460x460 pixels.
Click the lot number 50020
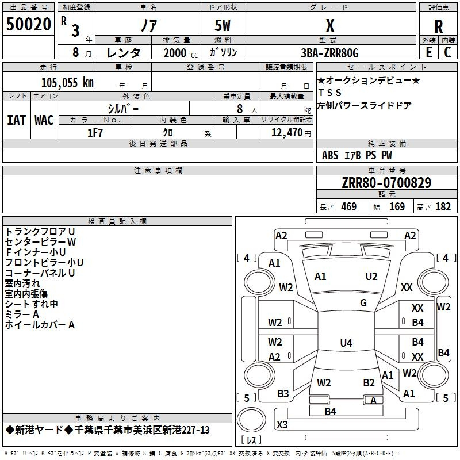coord(28,24)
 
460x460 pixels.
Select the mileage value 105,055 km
coord(67,83)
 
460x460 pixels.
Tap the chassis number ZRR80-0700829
coord(386,182)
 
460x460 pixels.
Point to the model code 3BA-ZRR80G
coord(329,53)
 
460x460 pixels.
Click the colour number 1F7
coord(95,133)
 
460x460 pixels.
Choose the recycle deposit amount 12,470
coord(286,133)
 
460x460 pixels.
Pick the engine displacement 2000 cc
coord(181,53)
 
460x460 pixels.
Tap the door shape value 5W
coord(223,25)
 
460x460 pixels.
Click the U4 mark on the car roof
coord(346,343)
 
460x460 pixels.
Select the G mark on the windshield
coord(363,303)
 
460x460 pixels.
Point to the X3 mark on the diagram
coord(282,424)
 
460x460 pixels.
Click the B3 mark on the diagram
coord(283,394)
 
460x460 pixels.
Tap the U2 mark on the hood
coord(371,277)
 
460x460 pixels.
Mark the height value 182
coord(443,206)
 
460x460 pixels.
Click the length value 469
coord(349,206)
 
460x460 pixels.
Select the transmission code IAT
coord(17,120)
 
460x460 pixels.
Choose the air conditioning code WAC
coord(44,120)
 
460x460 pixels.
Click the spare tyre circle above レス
coord(251,419)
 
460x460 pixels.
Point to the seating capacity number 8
coord(240,109)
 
